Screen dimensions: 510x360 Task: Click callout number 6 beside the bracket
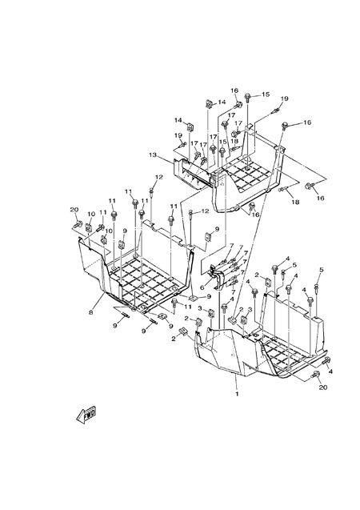click(x=202, y=287)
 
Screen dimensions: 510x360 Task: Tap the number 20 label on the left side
click(x=74, y=209)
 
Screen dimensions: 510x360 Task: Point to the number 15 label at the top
click(x=265, y=94)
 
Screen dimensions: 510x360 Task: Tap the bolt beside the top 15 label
click(x=250, y=98)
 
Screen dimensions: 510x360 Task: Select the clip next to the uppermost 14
click(x=210, y=103)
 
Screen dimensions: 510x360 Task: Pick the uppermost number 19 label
click(x=284, y=98)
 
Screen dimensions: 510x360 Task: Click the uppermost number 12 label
click(x=158, y=176)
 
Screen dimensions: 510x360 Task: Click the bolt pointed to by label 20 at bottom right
click(x=318, y=374)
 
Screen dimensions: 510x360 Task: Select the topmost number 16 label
click(x=235, y=90)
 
